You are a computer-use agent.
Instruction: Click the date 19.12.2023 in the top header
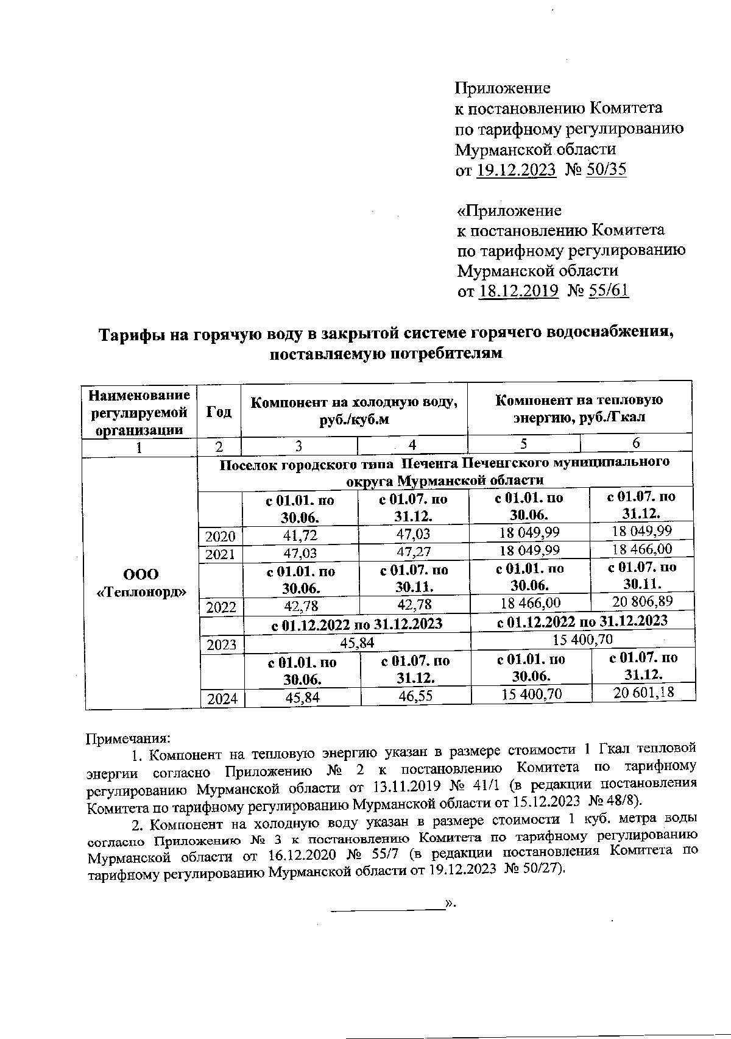click(x=516, y=170)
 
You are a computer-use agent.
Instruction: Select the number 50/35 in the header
click(x=606, y=170)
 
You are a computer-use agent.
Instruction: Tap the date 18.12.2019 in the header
click(x=518, y=291)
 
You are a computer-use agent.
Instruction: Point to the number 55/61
click(x=607, y=291)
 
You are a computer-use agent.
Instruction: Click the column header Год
click(x=219, y=412)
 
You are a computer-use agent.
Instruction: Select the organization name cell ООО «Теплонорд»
click(x=141, y=583)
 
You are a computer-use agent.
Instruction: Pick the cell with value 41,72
click(x=300, y=535)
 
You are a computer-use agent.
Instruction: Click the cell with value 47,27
click(x=414, y=553)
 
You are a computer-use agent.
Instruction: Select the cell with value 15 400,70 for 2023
click(x=582, y=639)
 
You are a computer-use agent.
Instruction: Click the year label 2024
click(x=222, y=699)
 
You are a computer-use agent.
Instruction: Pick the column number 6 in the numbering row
click(x=635, y=443)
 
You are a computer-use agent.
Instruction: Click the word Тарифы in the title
click(x=129, y=335)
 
